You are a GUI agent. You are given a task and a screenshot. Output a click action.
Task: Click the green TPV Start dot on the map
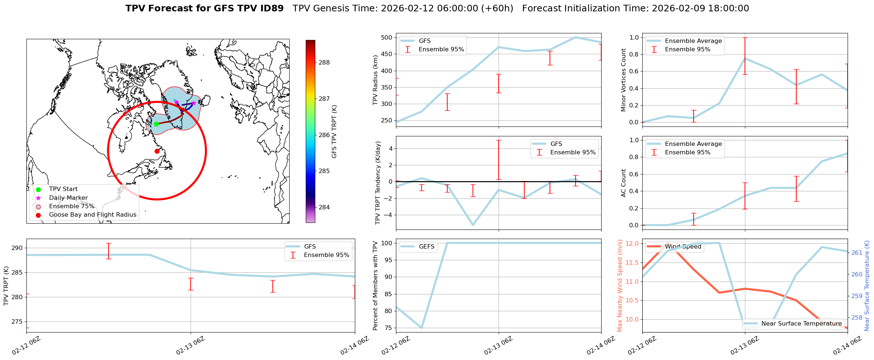pyautogui.click(x=156, y=124)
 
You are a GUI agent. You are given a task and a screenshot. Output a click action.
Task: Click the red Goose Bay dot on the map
pyautogui.click(x=157, y=151)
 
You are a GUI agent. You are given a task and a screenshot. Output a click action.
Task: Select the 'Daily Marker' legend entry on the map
pyautogui.click(x=68, y=198)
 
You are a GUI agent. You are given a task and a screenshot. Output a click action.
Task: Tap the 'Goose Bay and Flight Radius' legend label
pyautogui.click(x=92, y=215)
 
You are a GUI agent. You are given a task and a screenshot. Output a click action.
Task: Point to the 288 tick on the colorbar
pyautogui.click(x=324, y=63)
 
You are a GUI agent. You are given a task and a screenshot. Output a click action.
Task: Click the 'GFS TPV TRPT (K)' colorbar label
pyautogui.click(x=334, y=132)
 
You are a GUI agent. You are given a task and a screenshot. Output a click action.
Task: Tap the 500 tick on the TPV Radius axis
pyautogui.click(x=387, y=38)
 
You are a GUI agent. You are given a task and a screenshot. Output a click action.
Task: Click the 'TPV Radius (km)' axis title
pyautogui.click(x=375, y=80)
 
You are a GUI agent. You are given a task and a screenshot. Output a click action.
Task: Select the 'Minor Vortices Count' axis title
pyautogui.click(x=624, y=80)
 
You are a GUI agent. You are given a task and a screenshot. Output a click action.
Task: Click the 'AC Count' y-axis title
pyautogui.click(x=624, y=183)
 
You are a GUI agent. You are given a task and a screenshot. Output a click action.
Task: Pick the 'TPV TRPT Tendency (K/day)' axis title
pyautogui.click(x=378, y=183)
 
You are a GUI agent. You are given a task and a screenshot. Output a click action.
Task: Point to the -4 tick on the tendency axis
pyautogui.click(x=389, y=215)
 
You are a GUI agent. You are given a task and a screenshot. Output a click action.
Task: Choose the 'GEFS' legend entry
pyautogui.click(x=426, y=247)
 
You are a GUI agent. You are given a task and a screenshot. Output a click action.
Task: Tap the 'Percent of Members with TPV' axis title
pyautogui.click(x=375, y=286)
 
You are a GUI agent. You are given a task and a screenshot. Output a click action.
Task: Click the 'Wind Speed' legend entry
pyautogui.click(x=683, y=247)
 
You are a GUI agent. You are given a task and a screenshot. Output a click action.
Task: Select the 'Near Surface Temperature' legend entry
pyautogui.click(x=801, y=324)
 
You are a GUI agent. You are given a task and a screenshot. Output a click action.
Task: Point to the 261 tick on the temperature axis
pyautogui.click(x=857, y=253)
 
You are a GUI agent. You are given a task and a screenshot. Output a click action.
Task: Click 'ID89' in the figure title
pyautogui.click(x=271, y=8)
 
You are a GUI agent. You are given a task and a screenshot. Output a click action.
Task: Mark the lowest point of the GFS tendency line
pyautogui.click(x=473, y=225)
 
